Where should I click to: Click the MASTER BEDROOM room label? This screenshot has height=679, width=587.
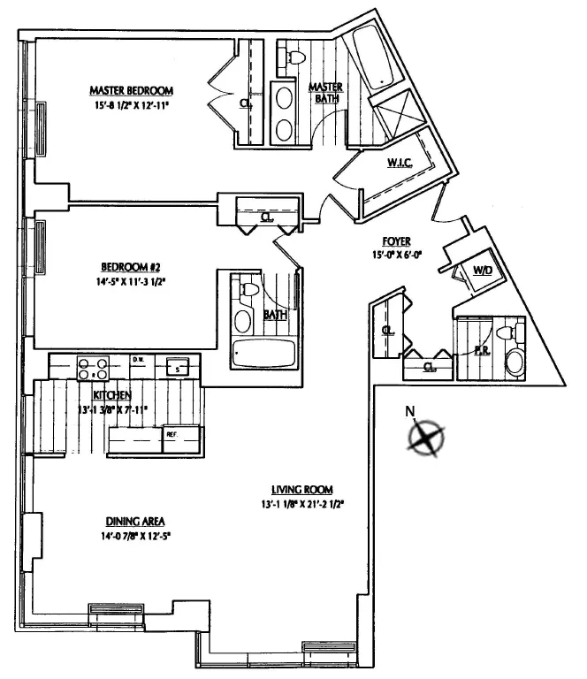click(x=130, y=90)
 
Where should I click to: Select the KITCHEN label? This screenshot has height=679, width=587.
click(x=113, y=394)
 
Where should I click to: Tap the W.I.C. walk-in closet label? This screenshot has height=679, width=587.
click(x=398, y=163)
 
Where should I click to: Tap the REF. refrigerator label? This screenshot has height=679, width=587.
click(x=172, y=435)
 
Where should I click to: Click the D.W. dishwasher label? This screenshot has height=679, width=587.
click(x=138, y=359)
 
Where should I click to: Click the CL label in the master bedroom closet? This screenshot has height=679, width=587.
click(x=244, y=103)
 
